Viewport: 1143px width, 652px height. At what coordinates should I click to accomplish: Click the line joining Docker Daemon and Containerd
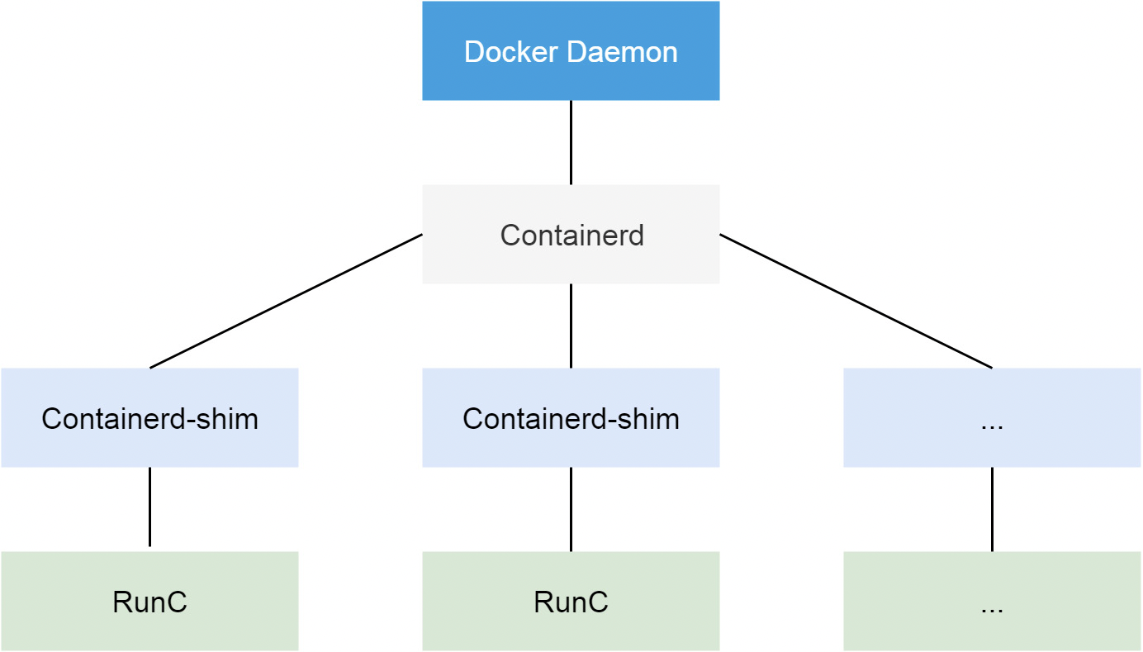(x=571, y=142)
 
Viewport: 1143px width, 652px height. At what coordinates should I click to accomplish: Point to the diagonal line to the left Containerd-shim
(x=286, y=301)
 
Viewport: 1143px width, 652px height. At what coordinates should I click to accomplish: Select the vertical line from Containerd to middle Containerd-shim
(x=571, y=326)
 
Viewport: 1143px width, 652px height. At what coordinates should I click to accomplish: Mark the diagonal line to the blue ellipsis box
(x=856, y=301)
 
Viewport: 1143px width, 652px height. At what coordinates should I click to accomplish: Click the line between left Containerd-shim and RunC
(x=149, y=507)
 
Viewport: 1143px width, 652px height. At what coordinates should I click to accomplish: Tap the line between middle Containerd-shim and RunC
(x=571, y=509)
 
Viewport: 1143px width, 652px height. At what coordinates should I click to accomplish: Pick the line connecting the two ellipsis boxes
(x=992, y=509)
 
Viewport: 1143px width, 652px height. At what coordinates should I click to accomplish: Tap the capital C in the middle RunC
(x=598, y=602)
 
